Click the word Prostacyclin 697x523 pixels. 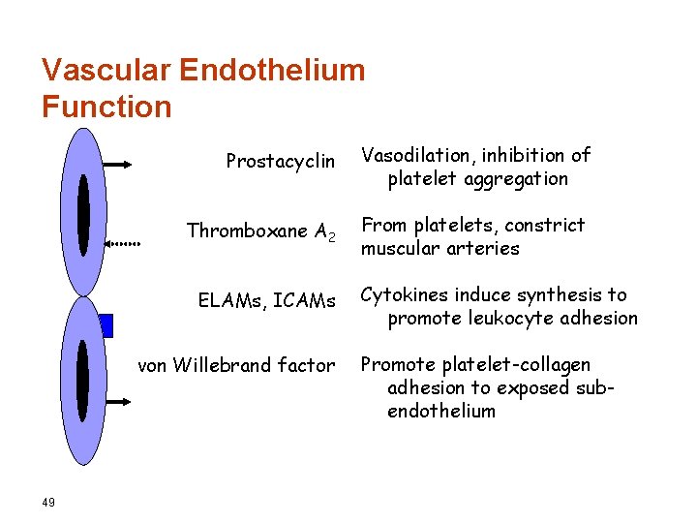(x=280, y=162)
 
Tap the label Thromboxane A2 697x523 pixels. (x=261, y=231)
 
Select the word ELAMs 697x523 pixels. (x=230, y=301)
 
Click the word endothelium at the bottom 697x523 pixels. (x=440, y=411)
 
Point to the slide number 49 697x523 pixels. (x=48, y=501)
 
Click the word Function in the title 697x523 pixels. (x=106, y=106)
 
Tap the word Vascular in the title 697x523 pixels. (x=106, y=70)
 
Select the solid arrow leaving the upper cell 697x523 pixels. (x=118, y=166)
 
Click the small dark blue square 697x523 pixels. (x=106, y=325)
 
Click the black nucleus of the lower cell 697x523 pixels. (x=82, y=382)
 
